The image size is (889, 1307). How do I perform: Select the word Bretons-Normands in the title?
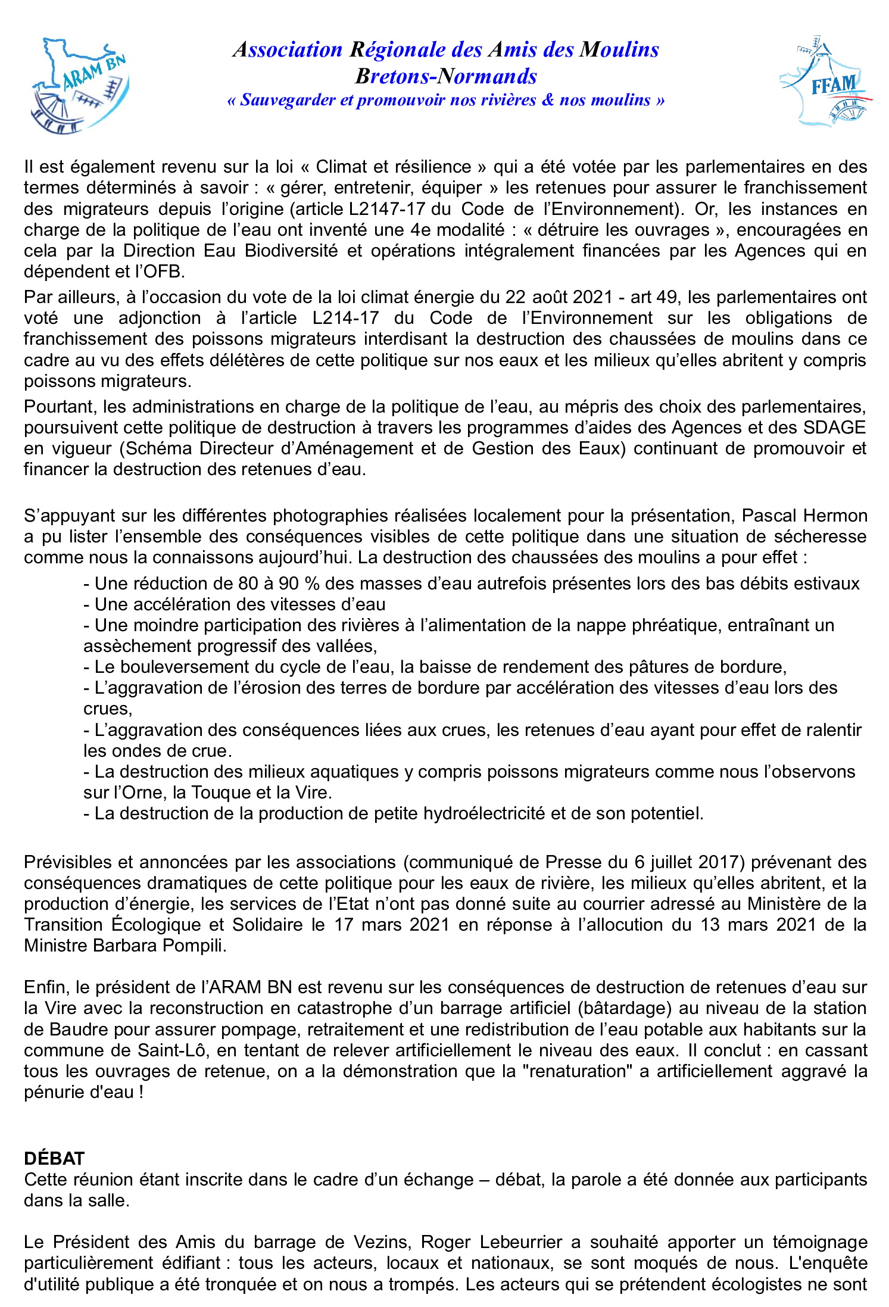pos(446,76)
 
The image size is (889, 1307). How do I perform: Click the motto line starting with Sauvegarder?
pos(446,100)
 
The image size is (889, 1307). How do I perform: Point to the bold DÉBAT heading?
pos(54,1158)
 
